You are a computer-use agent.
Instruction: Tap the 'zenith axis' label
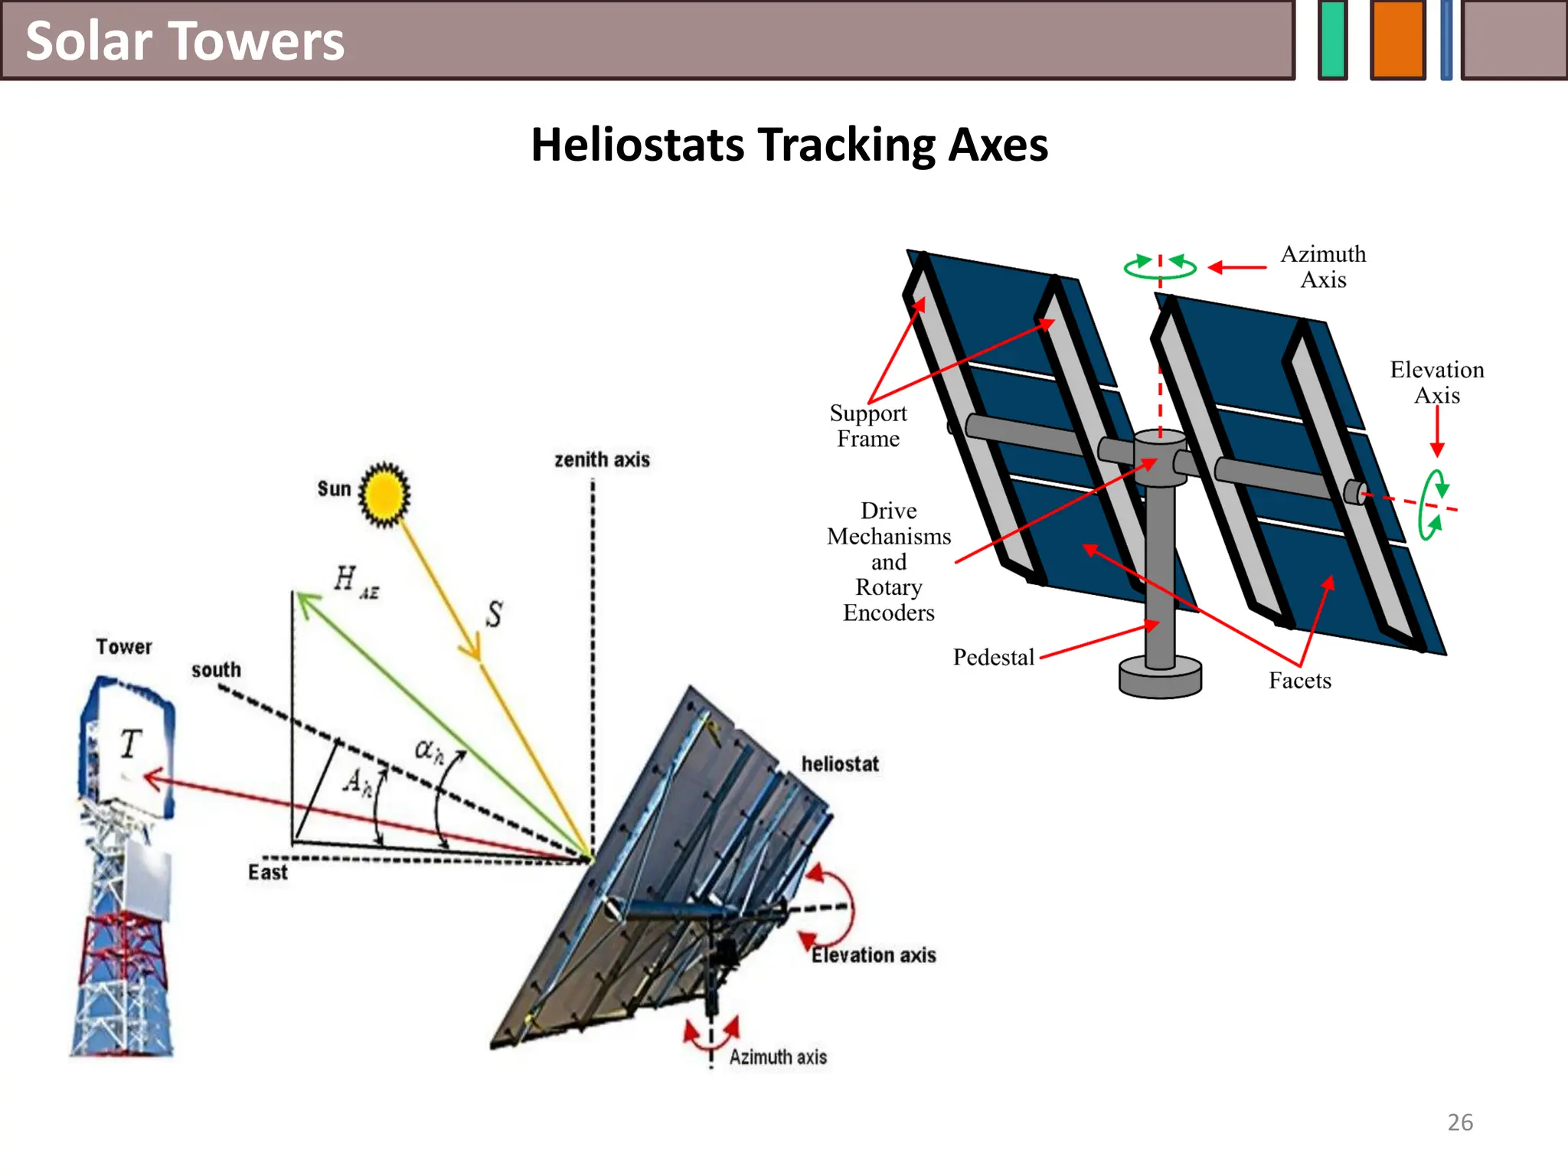pyautogui.click(x=602, y=459)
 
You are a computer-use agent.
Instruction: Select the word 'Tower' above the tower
pyautogui.click(x=124, y=647)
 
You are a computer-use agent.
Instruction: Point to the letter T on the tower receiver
pyautogui.click(x=131, y=743)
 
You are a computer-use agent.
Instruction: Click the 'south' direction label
pyautogui.click(x=216, y=670)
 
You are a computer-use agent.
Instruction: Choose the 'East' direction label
pyautogui.click(x=267, y=872)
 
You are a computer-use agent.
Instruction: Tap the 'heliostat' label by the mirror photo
pyautogui.click(x=840, y=764)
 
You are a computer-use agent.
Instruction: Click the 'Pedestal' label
pyautogui.click(x=993, y=657)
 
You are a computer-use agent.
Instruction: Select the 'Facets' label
pyautogui.click(x=1299, y=681)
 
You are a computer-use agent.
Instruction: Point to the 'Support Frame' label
pyautogui.click(x=868, y=426)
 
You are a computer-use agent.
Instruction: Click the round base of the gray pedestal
pyautogui.click(x=1160, y=678)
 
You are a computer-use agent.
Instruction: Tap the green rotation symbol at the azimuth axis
pyautogui.click(x=1160, y=266)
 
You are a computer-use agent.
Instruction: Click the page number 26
pyautogui.click(x=1460, y=1122)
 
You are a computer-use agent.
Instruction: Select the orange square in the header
pyautogui.click(x=1397, y=40)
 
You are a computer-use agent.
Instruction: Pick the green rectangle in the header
pyautogui.click(x=1333, y=40)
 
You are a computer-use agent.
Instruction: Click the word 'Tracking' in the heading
pyautogui.click(x=846, y=145)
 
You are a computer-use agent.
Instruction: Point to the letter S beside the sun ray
pyautogui.click(x=495, y=614)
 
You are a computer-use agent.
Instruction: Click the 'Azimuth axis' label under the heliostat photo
pyautogui.click(x=778, y=1057)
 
